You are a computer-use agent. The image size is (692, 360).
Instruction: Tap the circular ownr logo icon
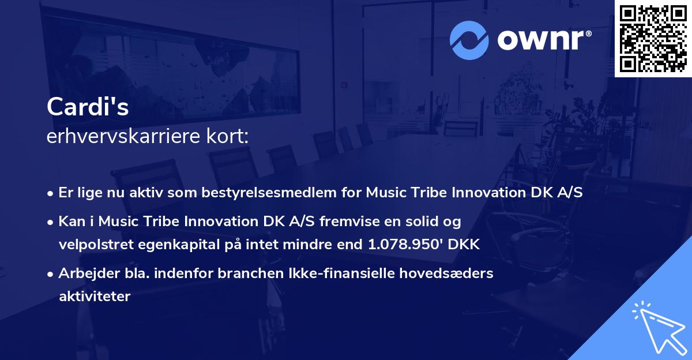tap(469, 40)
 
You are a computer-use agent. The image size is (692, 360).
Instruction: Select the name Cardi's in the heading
tap(88, 107)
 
